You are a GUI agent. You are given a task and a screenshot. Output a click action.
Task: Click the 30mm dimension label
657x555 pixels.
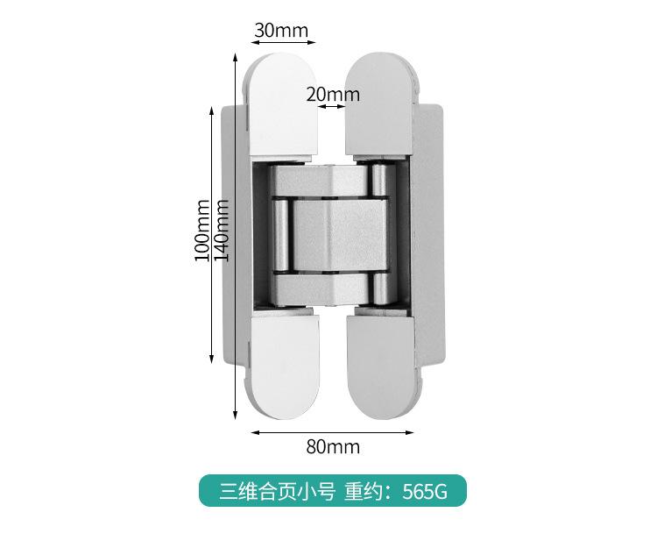pyautogui.click(x=281, y=30)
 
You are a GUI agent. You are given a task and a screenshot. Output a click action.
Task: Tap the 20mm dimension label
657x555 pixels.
pyautogui.click(x=333, y=94)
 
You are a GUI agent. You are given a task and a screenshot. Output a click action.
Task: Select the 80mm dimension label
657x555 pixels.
pyautogui.click(x=333, y=446)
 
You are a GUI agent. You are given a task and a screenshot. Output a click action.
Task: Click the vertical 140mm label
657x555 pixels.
pyautogui.click(x=222, y=230)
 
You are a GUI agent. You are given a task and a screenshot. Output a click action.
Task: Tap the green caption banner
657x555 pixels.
pyautogui.click(x=332, y=490)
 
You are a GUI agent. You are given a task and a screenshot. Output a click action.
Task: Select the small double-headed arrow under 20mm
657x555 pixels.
pyautogui.click(x=332, y=107)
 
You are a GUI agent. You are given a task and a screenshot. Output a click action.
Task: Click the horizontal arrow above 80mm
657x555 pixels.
pyautogui.click(x=333, y=431)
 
